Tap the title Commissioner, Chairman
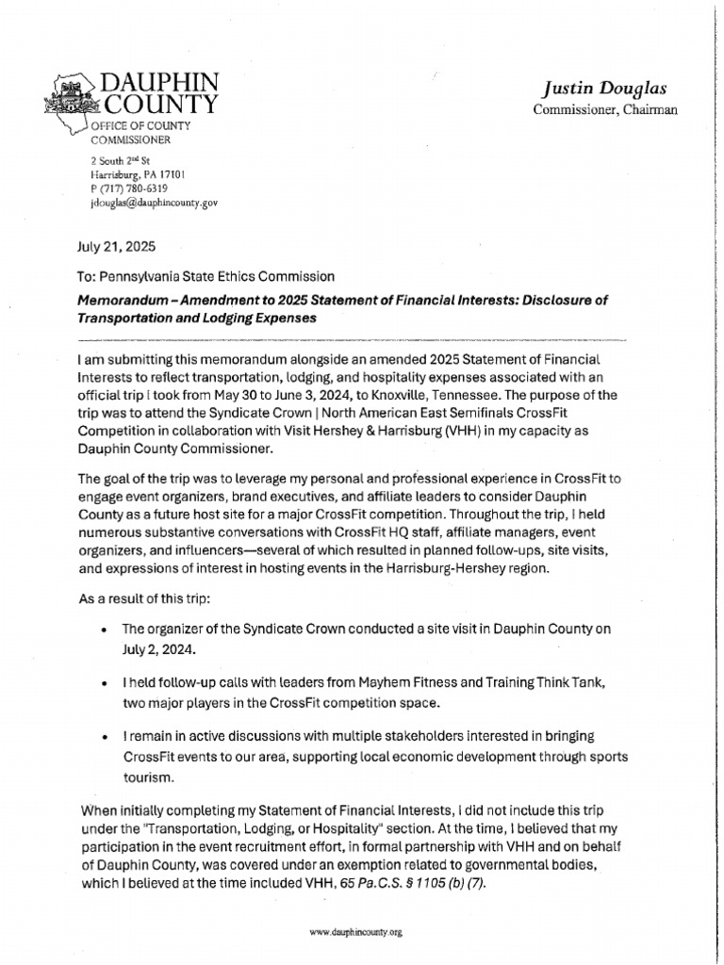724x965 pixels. [x=592, y=110]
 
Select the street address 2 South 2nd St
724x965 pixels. [x=120, y=161]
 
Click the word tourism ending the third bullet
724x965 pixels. [x=150, y=779]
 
